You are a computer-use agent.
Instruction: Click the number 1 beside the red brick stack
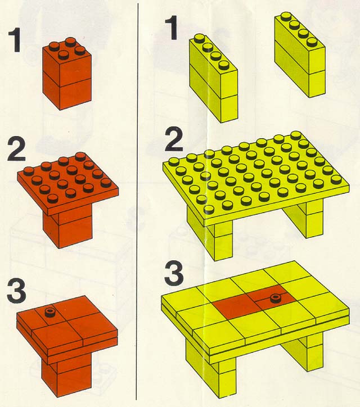tap(15, 40)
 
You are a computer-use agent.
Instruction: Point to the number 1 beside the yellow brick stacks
tap(172, 28)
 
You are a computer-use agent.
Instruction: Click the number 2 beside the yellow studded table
tap(174, 139)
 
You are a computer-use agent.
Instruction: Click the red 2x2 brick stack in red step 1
tap(67, 74)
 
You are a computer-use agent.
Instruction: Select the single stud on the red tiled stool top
tap(49, 312)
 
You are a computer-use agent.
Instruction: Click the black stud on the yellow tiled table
tap(275, 299)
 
